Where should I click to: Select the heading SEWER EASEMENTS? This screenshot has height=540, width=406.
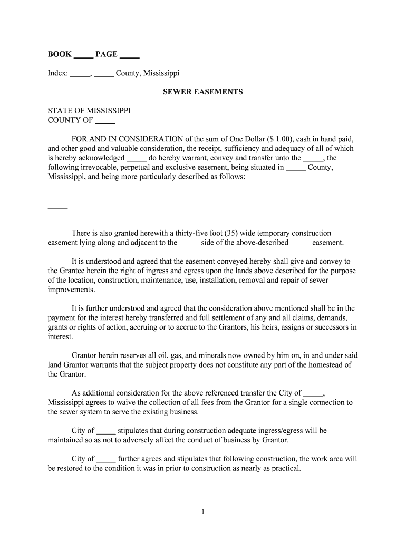(x=203, y=92)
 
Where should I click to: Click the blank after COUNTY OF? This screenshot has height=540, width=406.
(x=105, y=120)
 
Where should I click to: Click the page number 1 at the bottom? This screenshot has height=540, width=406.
(x=203, y=511)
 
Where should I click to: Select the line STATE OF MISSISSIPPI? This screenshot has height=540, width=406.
(x=89, y=111)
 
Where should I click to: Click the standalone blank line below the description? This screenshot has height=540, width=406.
(x=57, y=206)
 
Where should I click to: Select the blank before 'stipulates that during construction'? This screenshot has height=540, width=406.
(x=106, y=431)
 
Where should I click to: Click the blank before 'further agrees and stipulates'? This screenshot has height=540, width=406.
(x=106, y=459)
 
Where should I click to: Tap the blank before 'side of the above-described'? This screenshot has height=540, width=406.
(x=189, y=243)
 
